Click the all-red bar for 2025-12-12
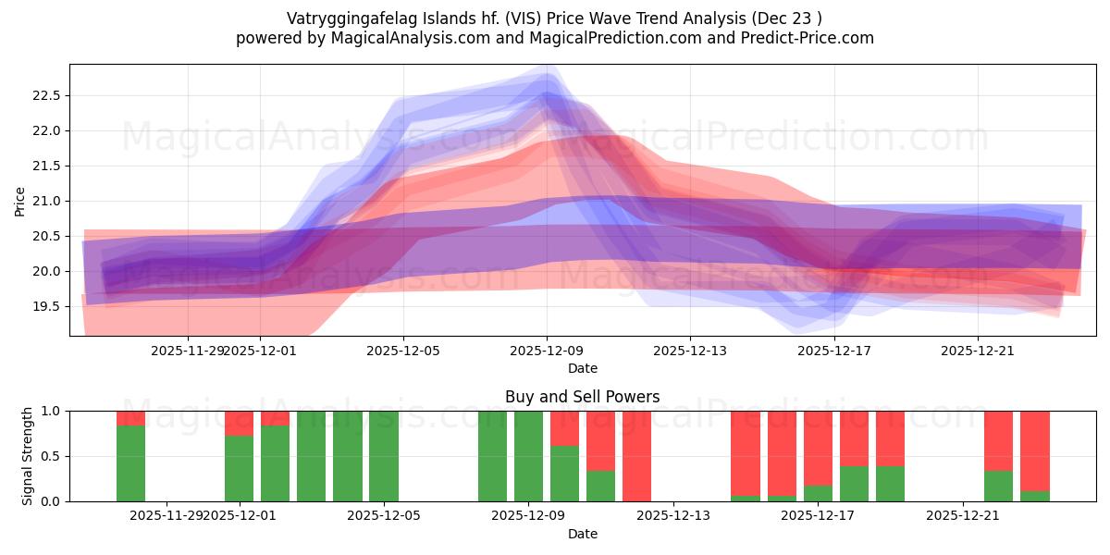636,456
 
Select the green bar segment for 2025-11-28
130,463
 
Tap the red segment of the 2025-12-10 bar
564,428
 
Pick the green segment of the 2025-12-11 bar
600,487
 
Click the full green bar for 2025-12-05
384,456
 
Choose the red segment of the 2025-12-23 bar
1034,450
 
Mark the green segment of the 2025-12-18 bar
854,484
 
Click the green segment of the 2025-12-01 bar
239,469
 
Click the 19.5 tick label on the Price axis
45,306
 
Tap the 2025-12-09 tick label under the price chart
547,351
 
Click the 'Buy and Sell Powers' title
582,397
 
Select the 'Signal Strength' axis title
28,456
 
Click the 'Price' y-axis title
19,201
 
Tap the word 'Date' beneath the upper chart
582,368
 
